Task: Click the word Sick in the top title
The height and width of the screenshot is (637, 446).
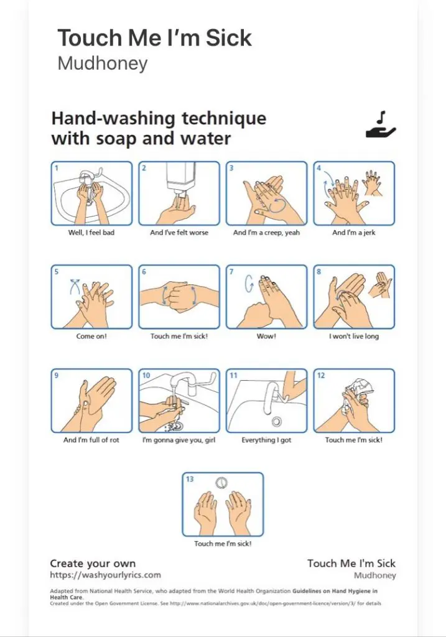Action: (x=228, y=38)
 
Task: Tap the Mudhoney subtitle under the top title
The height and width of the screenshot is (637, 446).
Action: (x=103, y=63)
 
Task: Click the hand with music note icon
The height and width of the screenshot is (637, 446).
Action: (x=381, y=125)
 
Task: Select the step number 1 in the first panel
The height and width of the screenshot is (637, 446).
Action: (x=57, y=168)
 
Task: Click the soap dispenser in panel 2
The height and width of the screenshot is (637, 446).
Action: (x=181, y=179)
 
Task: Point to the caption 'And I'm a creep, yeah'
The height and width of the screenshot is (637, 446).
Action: (x=266, y=233)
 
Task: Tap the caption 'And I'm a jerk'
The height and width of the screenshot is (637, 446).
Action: (x=354, y=233)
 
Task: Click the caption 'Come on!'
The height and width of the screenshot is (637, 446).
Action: (x=91, y=336)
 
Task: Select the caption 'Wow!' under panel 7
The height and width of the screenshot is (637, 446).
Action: (x=266, y=336)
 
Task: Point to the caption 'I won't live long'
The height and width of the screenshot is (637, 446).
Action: (x=354, y=336)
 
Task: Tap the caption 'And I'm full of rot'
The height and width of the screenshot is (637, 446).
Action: (x=91, y=440)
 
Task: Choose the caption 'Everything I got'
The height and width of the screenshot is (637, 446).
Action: (x=266, y=440)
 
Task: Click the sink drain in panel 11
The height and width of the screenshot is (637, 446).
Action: (x=277, y=422)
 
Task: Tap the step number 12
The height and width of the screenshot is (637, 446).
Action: (x=321, y=375)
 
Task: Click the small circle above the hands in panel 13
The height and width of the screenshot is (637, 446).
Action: (x=221, y=482)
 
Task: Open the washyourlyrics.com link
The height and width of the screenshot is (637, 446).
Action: (x=105, y=575)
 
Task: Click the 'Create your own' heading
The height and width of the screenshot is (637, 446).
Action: (x=93, y=564)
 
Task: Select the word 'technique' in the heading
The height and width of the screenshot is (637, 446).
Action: (x=224, y=119)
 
